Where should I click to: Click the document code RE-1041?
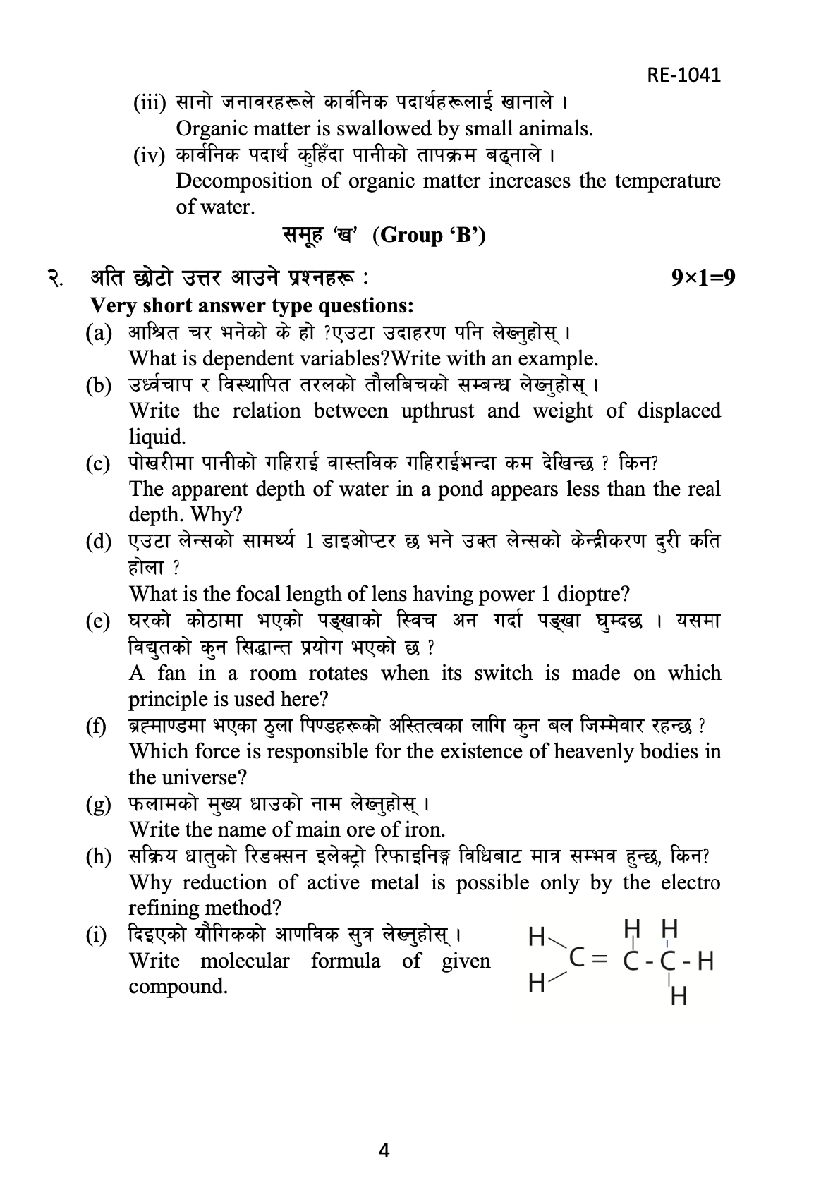pos(683,75)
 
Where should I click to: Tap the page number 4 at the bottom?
pos(384,1150)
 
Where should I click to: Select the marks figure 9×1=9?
pos(703,278)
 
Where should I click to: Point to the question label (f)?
pos(97,726)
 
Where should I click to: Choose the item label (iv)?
pos(150,155)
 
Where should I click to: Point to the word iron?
pos(425,829)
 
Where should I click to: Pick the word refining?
pos(165,908)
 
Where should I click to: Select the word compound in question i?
pos(178,986)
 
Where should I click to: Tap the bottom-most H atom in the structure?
pos(679,997)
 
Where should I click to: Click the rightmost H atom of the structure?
pos(705,961)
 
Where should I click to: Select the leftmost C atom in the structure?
pos(576,958)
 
